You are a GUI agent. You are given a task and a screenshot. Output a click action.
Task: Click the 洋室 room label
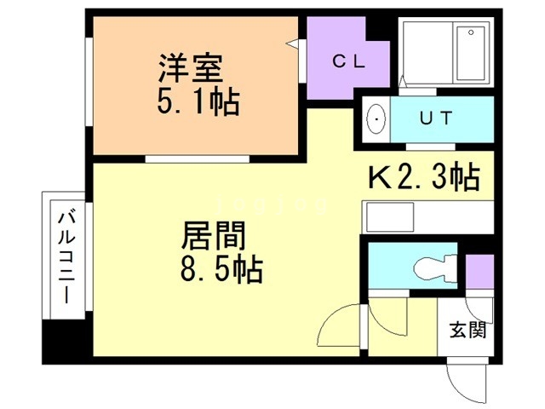(x=191, y=68)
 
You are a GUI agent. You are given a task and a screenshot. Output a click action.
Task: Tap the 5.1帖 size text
(x=198, y=102)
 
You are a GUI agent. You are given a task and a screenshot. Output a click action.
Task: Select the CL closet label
(x=348, y=62)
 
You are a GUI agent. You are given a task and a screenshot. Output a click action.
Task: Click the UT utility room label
(x=436, y=118)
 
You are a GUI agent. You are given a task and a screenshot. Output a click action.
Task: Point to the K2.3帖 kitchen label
(x=424, y=177)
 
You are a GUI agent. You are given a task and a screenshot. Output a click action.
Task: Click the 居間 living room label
(x=214, y=235)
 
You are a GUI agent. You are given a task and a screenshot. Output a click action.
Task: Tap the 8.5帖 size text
(x=221, y=269)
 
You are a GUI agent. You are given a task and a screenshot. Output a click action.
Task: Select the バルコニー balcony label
(x=66, y=258)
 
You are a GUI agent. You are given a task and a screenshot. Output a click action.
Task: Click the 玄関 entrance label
(x=468, y=330)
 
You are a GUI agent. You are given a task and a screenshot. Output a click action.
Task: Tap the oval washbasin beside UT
(x=376, y=119)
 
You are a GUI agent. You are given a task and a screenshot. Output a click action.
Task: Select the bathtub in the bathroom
(x=471, y=53)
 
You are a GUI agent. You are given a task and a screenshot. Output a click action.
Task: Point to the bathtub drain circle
(x=471, y=32)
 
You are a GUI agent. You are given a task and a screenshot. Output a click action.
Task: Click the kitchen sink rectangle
(x=388, y=217)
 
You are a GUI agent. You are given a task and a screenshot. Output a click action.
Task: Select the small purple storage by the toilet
(x=479, y=272)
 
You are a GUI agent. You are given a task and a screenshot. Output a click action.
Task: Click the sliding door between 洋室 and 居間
(x=198, y=159)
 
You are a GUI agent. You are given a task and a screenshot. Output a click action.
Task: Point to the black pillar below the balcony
(x=64, y=342)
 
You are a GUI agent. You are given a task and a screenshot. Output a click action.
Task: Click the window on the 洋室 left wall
(x=89, y=82)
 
